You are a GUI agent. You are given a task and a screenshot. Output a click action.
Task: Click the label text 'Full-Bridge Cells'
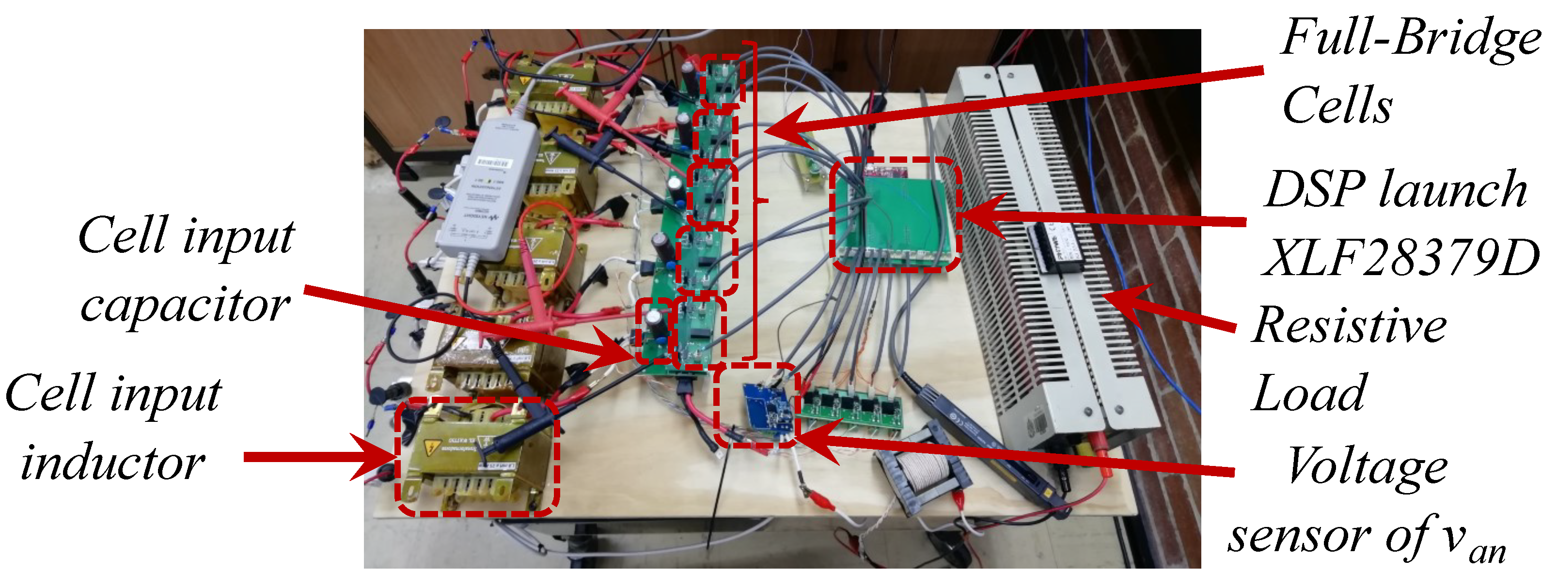(1408, 73)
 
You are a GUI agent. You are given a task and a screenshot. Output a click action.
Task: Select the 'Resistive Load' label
(1348, 359)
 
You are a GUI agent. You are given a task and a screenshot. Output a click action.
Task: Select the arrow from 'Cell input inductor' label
(315, 457)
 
